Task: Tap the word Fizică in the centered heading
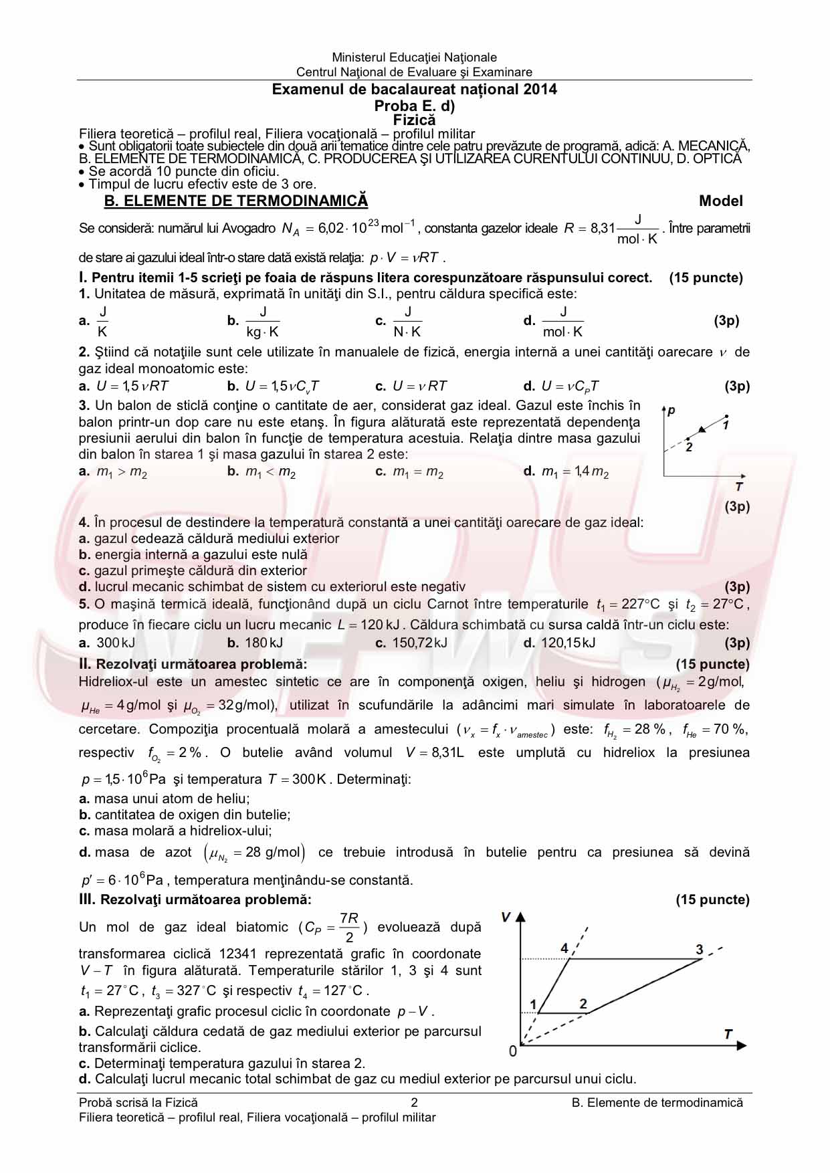click(414, 120)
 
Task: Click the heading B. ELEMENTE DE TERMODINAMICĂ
click(236, 201)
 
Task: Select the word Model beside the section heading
click(720, 201)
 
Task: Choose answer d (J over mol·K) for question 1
click(562, 322)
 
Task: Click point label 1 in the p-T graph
click(726, 425)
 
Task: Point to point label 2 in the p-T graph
click(689, 447)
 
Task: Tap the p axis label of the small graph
click(671, 410)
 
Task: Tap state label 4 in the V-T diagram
click(564, 949)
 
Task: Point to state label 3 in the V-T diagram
click(700, 950)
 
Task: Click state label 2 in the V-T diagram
click(583, 1004)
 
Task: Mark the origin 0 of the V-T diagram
click(513, 1052)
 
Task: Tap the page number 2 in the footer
click(414, 1103)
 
